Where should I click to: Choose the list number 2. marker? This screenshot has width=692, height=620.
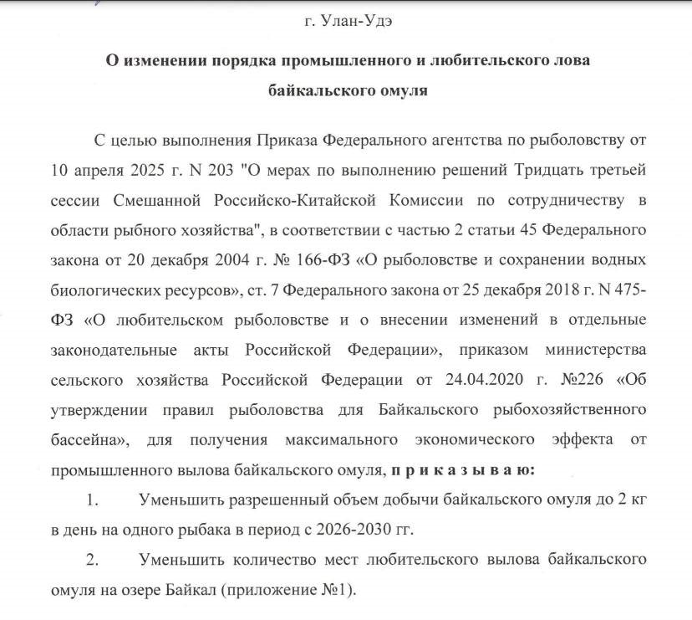coord(93,558)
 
